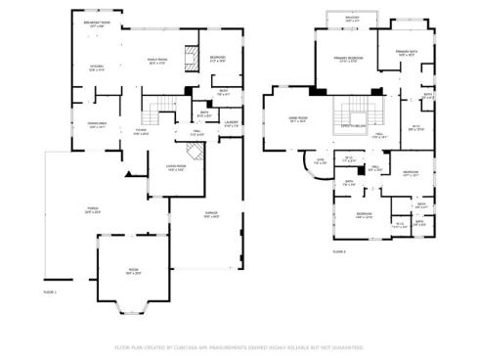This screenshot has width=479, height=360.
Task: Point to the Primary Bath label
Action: [409, 53]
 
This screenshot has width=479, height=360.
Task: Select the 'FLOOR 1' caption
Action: [50, 292]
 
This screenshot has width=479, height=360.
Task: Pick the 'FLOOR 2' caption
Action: [338, 251]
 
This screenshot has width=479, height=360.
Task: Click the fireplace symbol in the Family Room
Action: [193, 55]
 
